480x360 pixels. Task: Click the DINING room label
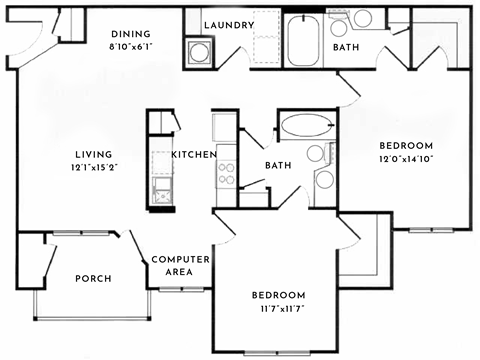coord(131,32)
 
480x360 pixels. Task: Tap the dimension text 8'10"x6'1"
coord(131,46)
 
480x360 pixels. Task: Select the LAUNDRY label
coord(227,25)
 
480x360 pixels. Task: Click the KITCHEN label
coord(191,155)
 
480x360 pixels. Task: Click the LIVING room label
coord(95,154)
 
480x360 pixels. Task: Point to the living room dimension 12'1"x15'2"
coord(95,168)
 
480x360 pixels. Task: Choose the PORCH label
coord(93,278)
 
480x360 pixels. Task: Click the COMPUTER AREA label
coord(180,265)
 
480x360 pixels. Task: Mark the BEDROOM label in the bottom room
coord(277,296)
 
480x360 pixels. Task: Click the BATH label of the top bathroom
coord(346,46)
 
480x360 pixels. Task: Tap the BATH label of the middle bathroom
coord(278,166)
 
